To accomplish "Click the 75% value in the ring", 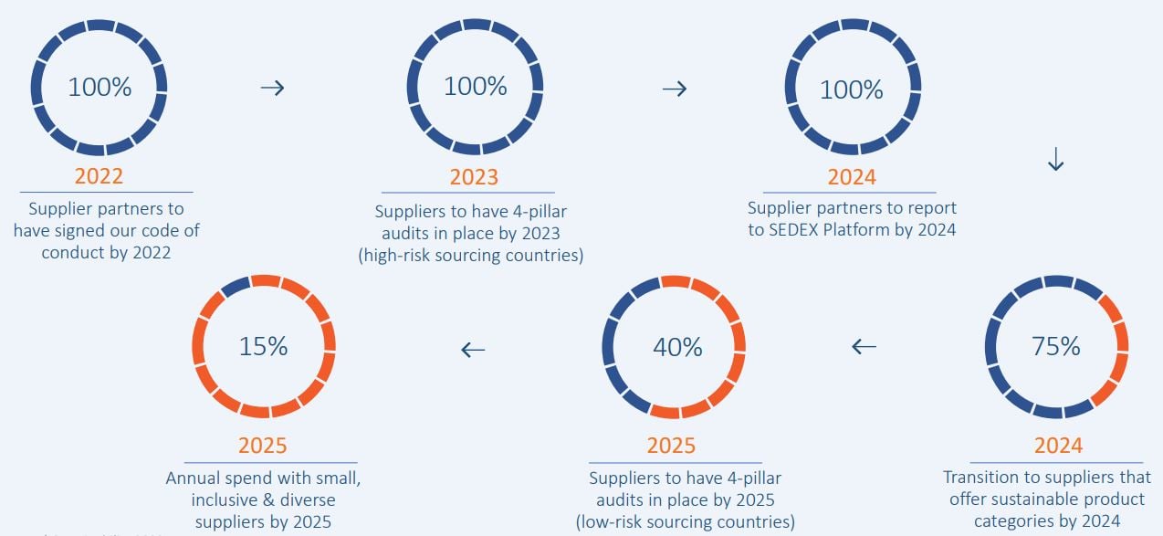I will pyautogui.click(x=1056, y=346).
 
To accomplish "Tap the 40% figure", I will pyautogui.click(x=677, y=347).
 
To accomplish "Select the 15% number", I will pyautogui.click(x=263, y=347).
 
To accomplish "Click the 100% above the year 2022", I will pyautogui.click(x=100, y=88).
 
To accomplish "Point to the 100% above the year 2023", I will pyautogui.click(x=475, y=87).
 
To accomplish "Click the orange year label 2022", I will pyautogui.click(x=99, y=175).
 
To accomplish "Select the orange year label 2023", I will pyautogui.click(x=474, y=176).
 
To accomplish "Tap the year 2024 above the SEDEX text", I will pyautogui.click(x=852, y=176).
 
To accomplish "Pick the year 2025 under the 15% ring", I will pyautogui.click(x=263, y=446).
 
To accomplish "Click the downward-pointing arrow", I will pyautogui.click(x=1055, y=160).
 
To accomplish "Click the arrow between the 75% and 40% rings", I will pyautogui.click(x=864, y=347).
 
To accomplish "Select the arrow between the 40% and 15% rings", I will pyautogui.click(x=473, y=349).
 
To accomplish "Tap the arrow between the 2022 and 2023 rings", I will pyautogui.click(x=272, y=88).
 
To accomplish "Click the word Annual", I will pyautogui.click(x=194, y=478).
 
